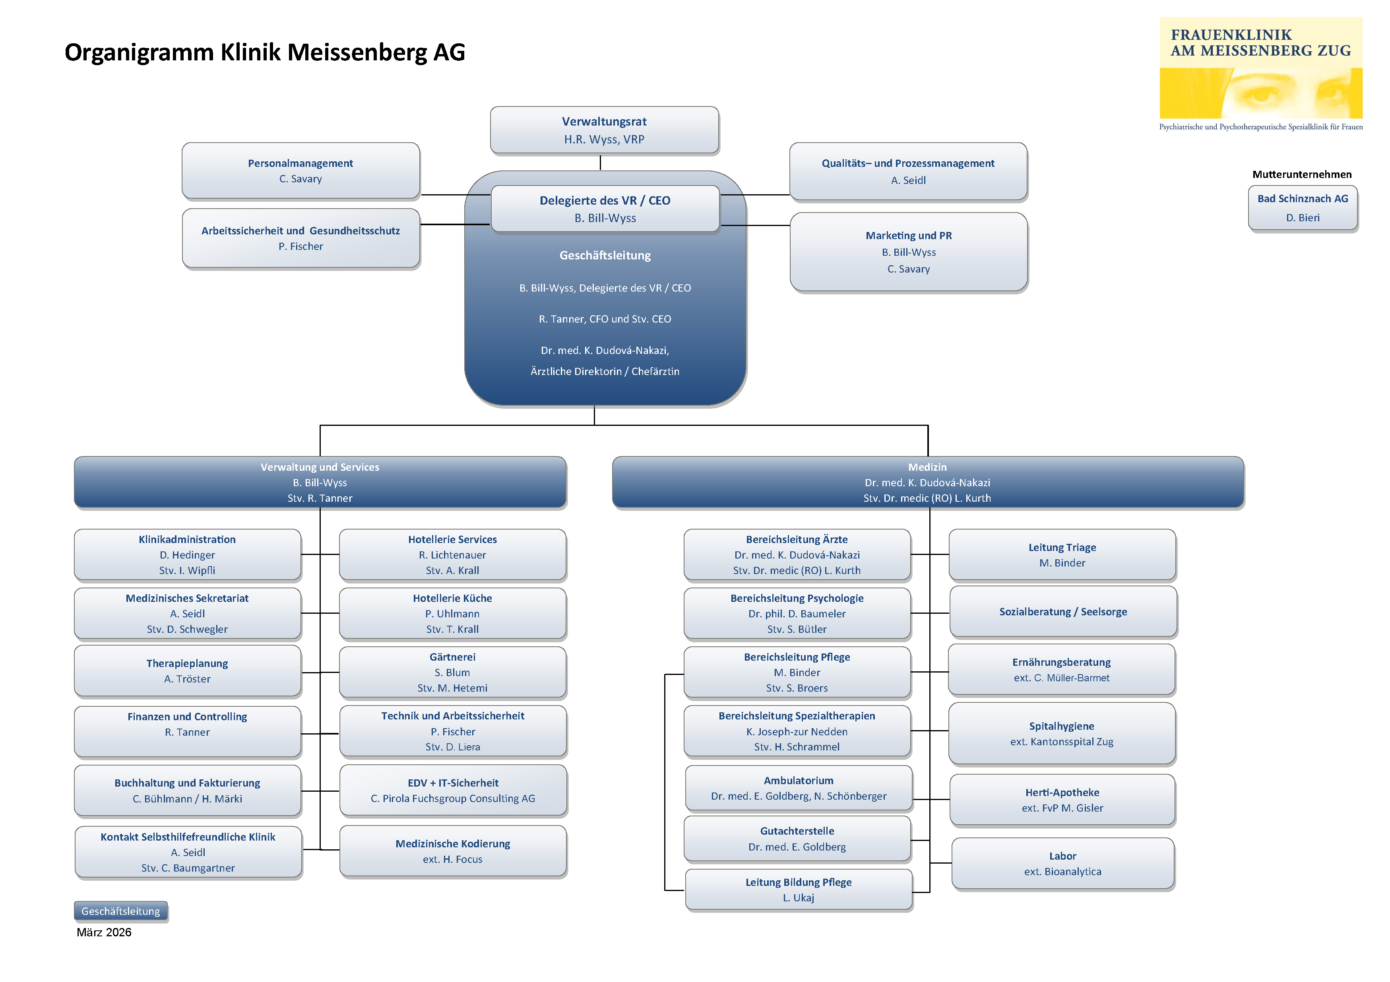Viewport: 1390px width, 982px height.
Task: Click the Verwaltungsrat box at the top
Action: click(604, 130)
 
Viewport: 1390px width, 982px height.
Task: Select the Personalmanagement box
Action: click(301, 171)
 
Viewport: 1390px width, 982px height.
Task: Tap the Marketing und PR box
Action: click(909, 252)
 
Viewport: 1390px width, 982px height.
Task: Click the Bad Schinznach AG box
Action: click(1303, 208)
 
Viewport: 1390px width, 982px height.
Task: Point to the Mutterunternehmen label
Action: click(1302, 174)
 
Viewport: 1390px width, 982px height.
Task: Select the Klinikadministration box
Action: click(188, 554)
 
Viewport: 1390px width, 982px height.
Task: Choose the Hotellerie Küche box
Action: click(453, 613)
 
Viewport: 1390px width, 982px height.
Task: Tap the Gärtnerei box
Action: click(453, 672)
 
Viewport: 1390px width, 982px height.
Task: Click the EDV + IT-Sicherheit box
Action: click(453, 790)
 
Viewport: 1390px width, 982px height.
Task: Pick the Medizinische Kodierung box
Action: click(453, 851)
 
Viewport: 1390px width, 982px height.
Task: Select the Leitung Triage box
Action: click(1062, 554)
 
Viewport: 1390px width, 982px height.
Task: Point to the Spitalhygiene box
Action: click(1062, 733)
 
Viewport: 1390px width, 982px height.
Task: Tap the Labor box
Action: click(1063, 863)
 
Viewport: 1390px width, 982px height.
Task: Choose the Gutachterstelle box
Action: click(797, 839)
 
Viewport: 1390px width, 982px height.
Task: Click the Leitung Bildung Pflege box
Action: click(799, 889)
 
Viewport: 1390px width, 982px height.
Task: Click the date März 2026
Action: click(104, 932)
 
